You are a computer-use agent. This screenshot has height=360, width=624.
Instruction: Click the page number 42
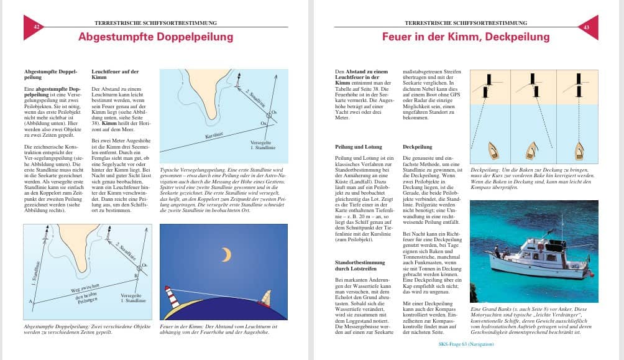click(36, 27)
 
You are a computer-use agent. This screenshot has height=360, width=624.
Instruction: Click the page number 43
click(587, 27)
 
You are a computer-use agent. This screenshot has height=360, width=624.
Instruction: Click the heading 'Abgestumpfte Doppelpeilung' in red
click(155, 37)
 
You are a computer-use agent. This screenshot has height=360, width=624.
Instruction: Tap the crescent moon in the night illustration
click(226, 254)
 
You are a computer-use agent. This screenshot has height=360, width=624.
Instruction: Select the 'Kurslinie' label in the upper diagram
click(215, 135)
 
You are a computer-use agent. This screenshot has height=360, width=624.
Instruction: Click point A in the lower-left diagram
click(30, 302)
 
